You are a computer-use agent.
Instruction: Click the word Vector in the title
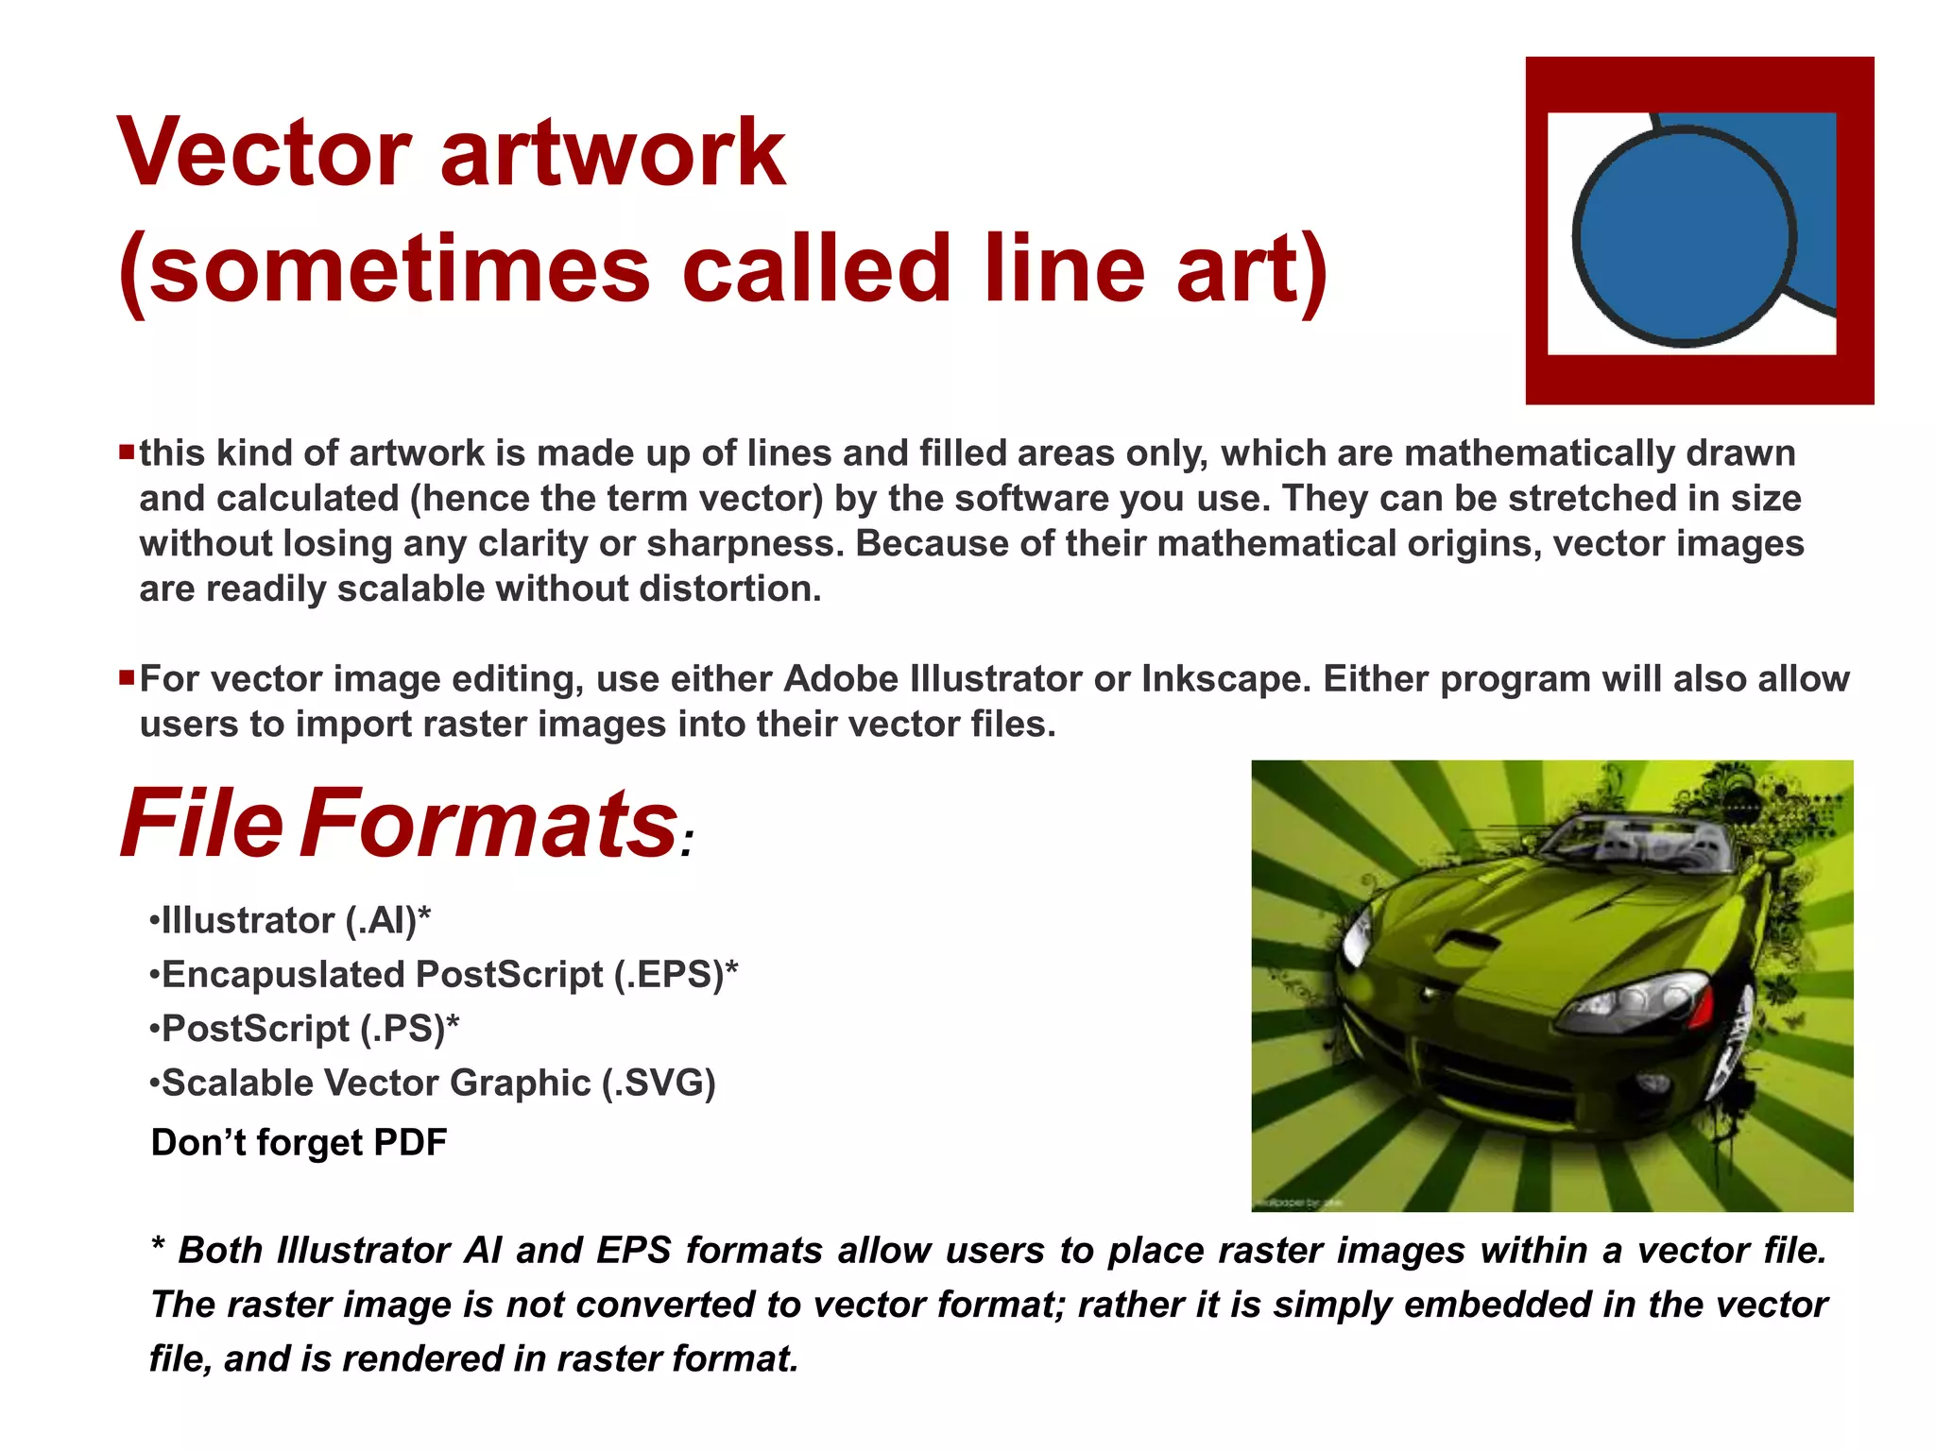pyautogui.click(x=265, y=153)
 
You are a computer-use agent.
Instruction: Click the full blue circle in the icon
pyautogui.click(x=1685, y=237)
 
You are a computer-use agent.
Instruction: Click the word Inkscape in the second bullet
pyautogui.click(x=1226, y=679)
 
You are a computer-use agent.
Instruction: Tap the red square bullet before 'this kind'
pyautogui.click(x=127, y=452)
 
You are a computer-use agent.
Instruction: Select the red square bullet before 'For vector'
pyautogui.click(x=127, y=677)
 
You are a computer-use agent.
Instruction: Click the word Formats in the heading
pyautogui.click(x=488, y=824)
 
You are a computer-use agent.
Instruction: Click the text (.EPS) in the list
pyautogui.click(x=669, y=975)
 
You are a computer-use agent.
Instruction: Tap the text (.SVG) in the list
pyautogui.click(x=659, y=1084)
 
